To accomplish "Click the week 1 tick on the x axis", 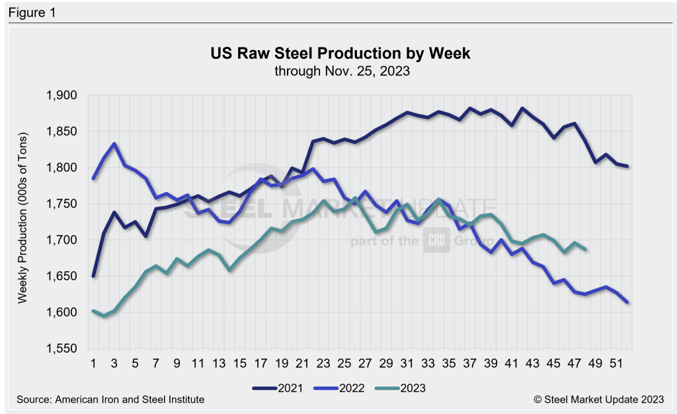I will (x=94, y=362).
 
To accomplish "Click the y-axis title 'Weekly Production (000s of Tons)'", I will (x=22, y=222).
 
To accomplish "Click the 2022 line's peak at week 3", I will (x=114, y=144).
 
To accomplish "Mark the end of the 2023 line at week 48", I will (x=585, y=249).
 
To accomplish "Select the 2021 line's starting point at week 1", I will (x=94, y=275).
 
